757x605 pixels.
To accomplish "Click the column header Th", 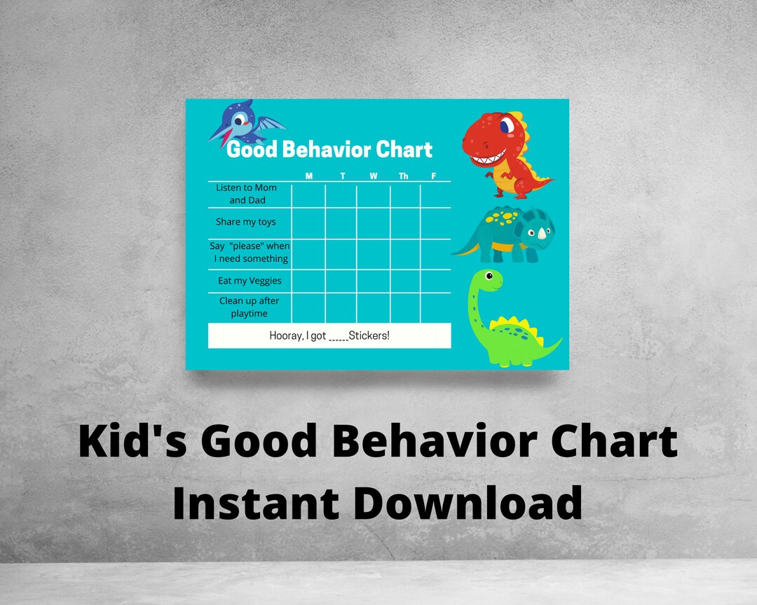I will click(x=404, y=176).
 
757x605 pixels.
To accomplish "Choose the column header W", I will click(x=374, y=176).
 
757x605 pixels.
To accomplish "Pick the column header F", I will click(x=433, y=176).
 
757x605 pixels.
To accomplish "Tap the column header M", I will click(x=309, y=176).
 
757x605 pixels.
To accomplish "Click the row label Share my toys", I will click(x=246, y=222).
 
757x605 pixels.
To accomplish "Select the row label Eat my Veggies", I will click(x=250, y=281).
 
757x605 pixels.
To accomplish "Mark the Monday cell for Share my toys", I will click(x=308, y=223).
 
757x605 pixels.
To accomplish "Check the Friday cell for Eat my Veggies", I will click(x=435, y=281).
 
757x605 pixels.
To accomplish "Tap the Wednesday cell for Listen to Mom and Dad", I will click(x=373, y=195).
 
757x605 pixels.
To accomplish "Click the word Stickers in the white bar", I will click(x=369, y=336).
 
